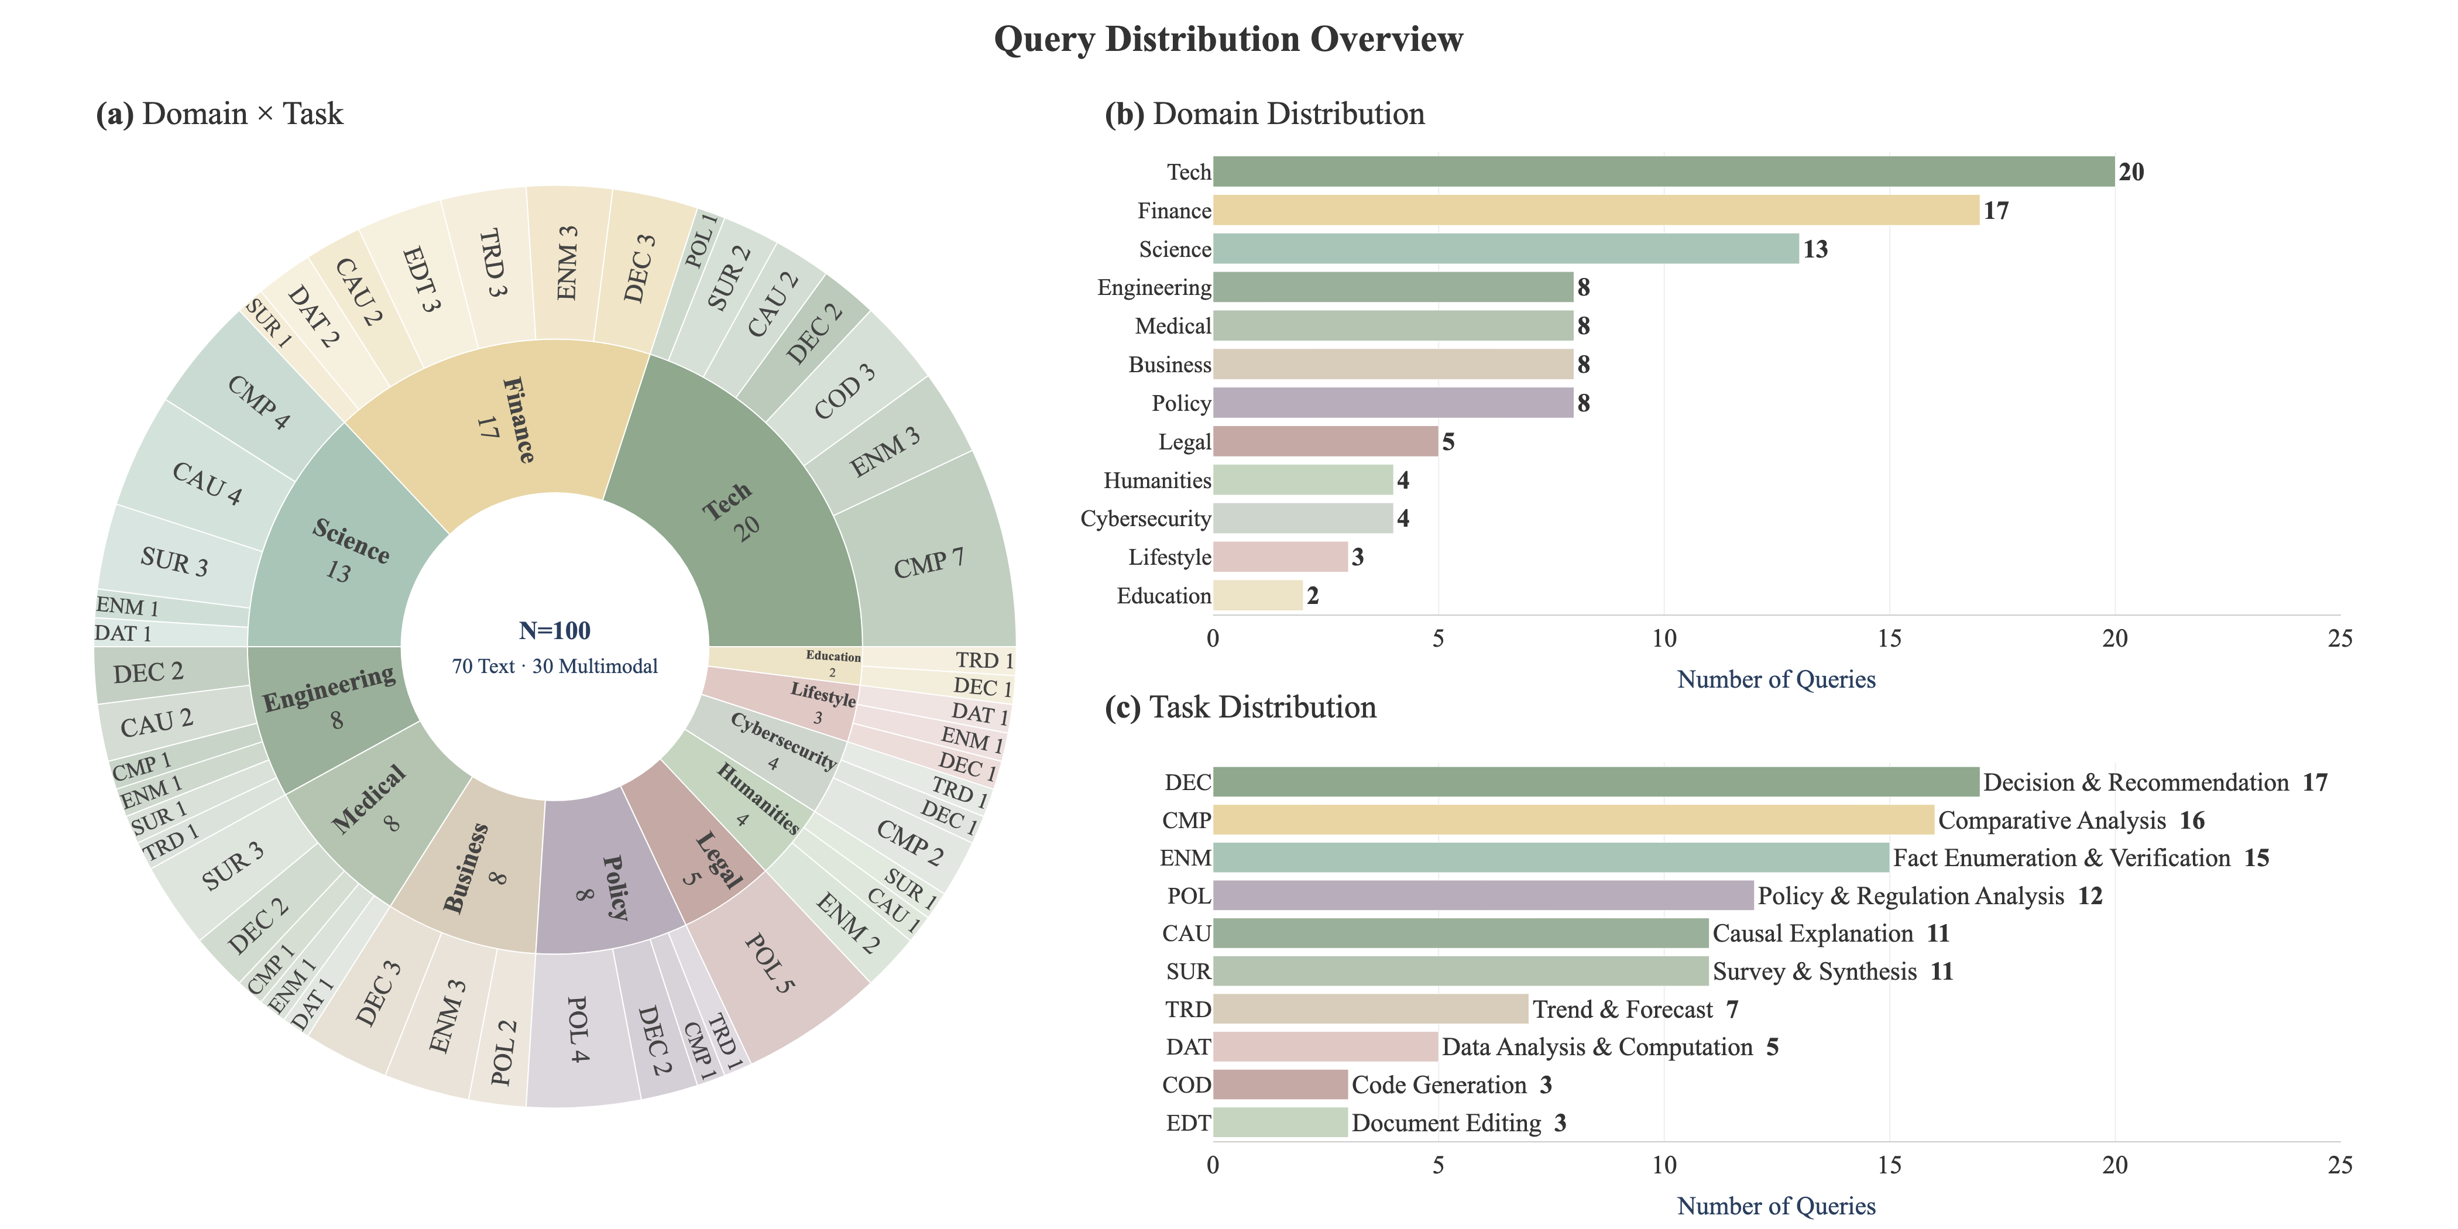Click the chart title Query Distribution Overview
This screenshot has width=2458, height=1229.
(1227, 39)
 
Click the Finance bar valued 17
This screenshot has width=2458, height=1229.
(1595, 210)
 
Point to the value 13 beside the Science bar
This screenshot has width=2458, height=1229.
(1815, 249)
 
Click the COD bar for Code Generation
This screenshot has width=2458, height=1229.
(1279, 1085)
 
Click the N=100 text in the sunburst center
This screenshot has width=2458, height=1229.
(554, 631)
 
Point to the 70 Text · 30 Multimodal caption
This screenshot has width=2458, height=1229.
(554, 666)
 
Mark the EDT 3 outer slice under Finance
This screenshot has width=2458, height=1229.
(420, 280)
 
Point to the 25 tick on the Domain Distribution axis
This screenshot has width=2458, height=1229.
(2340, 638)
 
